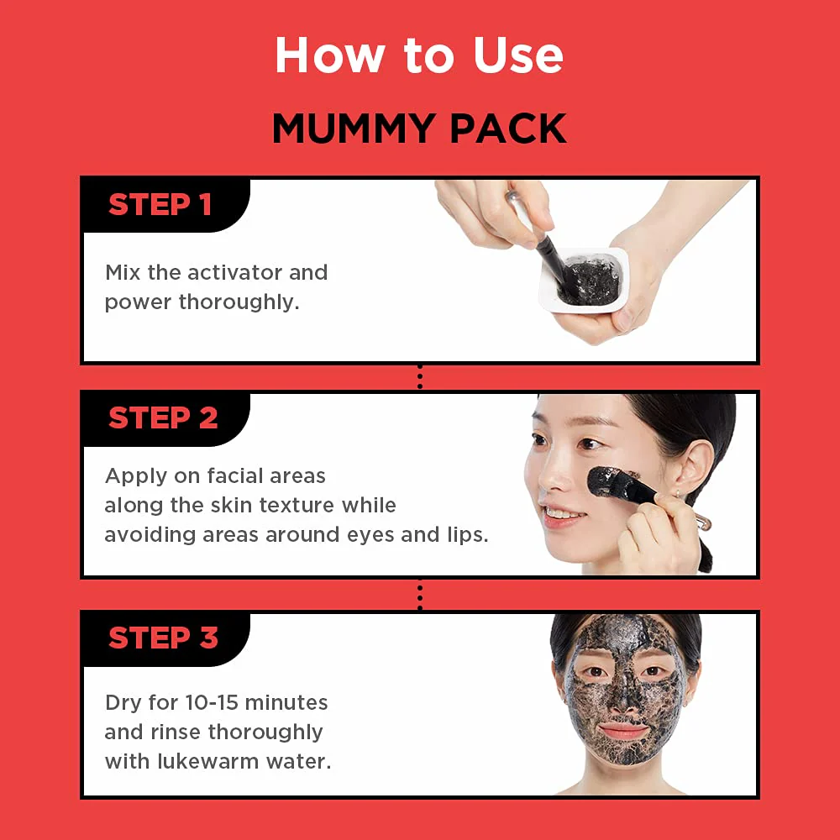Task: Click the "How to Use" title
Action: (419, 55)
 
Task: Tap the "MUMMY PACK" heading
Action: (419, 129)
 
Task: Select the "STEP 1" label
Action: (160, 205)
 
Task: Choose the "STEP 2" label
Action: (163, 417)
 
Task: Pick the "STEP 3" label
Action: (163, 638)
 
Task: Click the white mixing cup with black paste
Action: (584, 281)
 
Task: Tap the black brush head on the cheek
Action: (607, 482)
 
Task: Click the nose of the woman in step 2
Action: (552, 478)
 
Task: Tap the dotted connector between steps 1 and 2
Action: (420, 377)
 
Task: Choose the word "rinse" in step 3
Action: (176, 732)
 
